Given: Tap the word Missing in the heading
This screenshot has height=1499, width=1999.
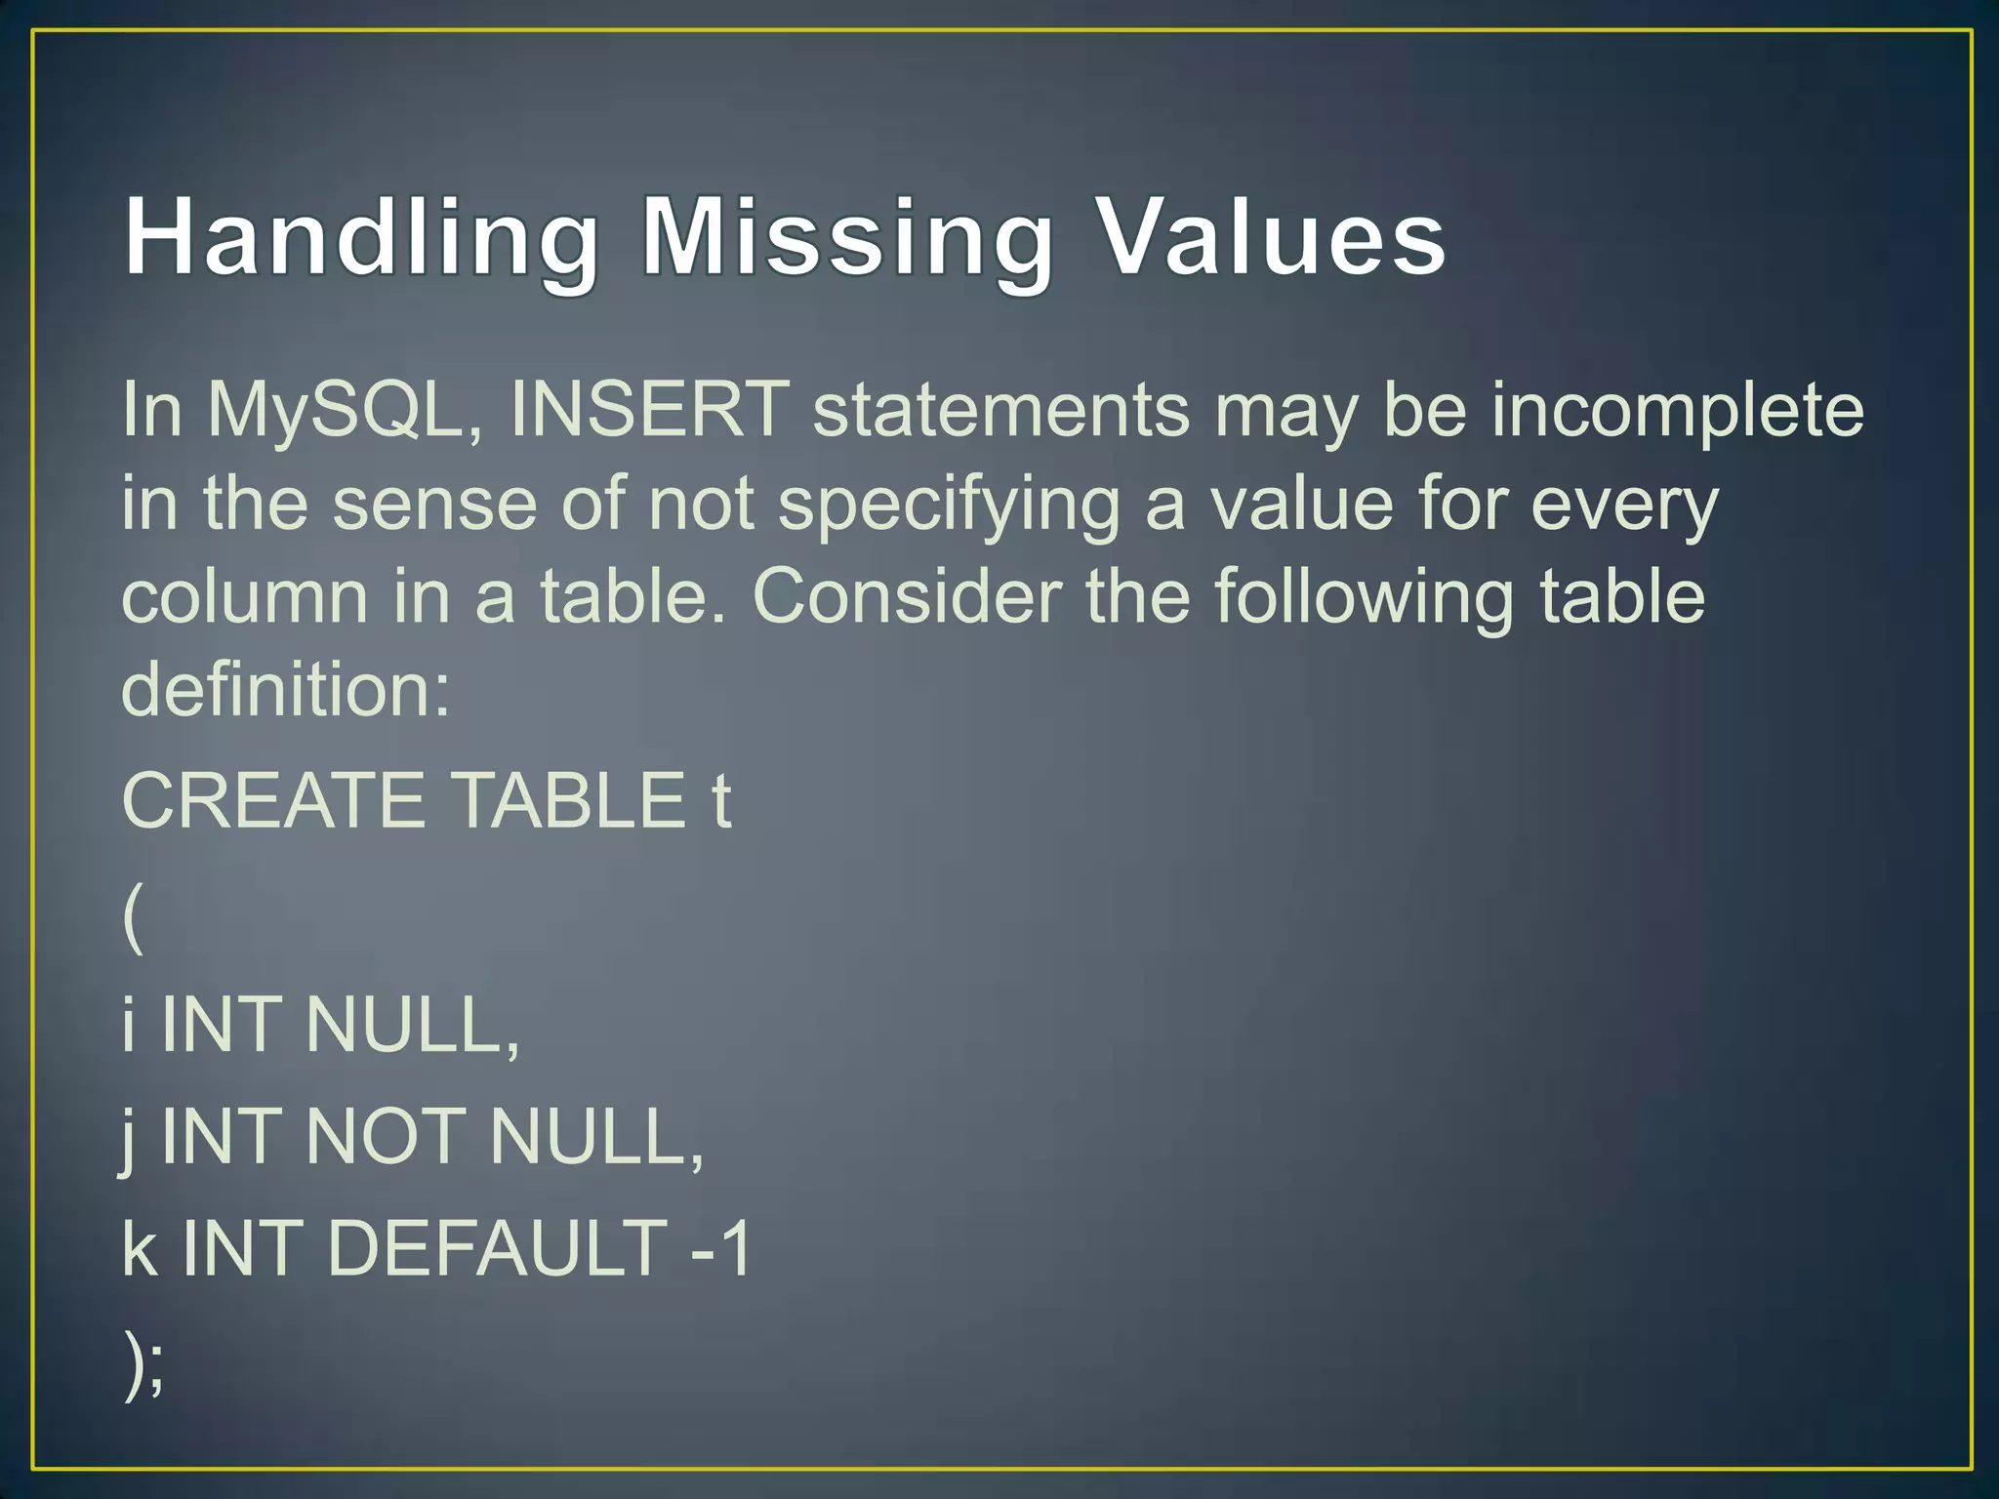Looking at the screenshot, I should [847, 240].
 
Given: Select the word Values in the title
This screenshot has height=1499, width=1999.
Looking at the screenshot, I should [1272, 238].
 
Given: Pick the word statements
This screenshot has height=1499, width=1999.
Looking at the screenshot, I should [1001, 410].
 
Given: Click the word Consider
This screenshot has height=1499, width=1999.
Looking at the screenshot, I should [907, 597].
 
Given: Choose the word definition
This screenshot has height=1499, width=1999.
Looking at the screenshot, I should [285, 689].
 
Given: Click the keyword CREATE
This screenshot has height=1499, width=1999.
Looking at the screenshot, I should [273, 800].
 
